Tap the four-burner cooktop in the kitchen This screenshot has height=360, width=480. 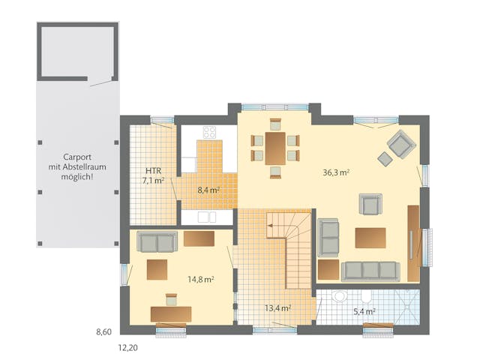point(209,133)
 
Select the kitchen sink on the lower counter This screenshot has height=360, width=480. point(203,217)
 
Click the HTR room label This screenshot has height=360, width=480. point(154,170)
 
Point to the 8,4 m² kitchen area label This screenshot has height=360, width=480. point(208,190)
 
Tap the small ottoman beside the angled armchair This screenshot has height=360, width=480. point(385,158)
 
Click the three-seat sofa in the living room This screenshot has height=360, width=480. point(370,271)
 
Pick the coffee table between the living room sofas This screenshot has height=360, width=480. point(370,238)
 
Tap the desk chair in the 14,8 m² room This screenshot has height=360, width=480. point(170,299)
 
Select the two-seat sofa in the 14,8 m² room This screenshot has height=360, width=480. point(157,241)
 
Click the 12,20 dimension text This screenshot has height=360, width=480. point(126,348)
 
